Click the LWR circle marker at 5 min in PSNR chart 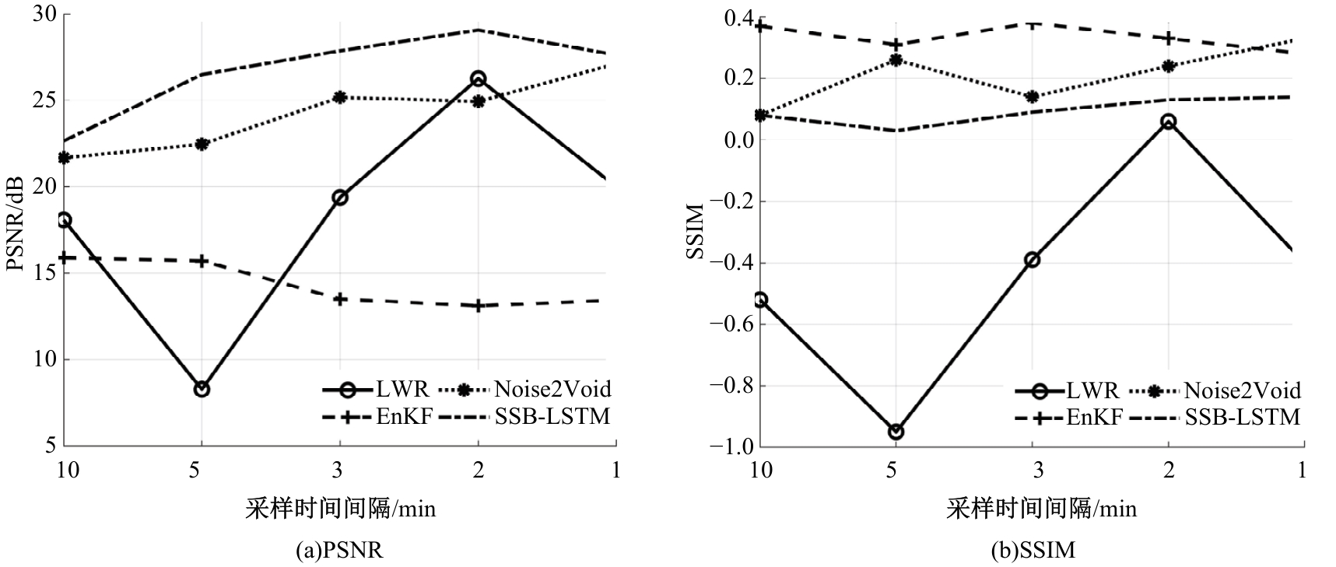click(202, 389)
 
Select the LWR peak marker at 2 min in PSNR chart click(478, 79)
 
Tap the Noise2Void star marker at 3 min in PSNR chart click(340, 97)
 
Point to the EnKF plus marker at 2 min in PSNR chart click(478, 306)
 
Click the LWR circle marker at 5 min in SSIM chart click(896, 432)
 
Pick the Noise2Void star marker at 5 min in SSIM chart click(896, 60)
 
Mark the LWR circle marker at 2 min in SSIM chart click(1168, 121)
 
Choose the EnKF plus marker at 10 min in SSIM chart click(761, 26)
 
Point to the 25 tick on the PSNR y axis click(44, 100)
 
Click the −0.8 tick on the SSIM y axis click(727, 386)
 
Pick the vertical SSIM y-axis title click(694, 231)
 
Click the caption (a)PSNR click(340, 551)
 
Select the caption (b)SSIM click(1033, 551)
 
